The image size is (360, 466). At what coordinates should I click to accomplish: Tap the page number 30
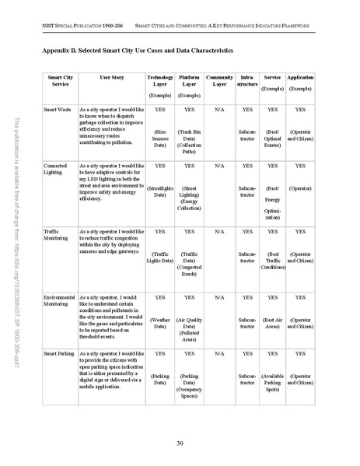coord(180,443)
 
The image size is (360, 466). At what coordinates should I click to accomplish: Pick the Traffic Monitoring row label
coord(55,235)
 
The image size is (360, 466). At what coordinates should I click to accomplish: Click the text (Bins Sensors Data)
coord(160,138)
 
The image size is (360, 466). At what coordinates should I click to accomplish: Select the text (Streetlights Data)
coord(160,191)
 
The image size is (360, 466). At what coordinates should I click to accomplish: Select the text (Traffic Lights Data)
coord(160,257)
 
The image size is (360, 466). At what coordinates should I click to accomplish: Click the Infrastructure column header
coord(247,82)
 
